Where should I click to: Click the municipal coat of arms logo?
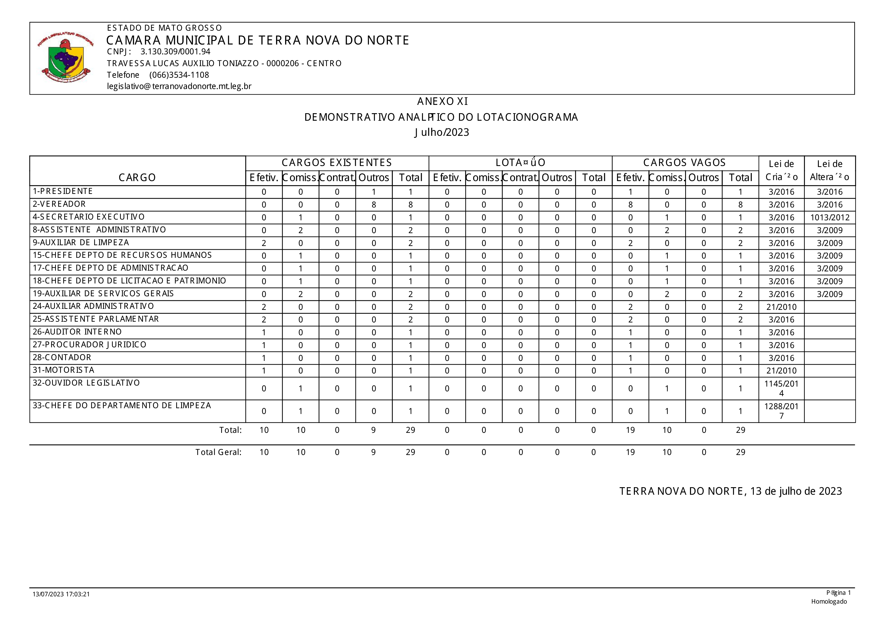tap(66, 58)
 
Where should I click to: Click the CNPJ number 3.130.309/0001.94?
tap(175, 52)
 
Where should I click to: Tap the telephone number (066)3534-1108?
tap(179, 75)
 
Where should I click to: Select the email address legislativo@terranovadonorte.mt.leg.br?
tap(179, 86)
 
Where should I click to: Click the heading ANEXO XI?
tap(442, 102)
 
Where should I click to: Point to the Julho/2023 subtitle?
tap(442, 132)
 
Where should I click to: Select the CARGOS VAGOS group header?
tap(684, 163)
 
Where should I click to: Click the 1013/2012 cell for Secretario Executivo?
tap(830, 218)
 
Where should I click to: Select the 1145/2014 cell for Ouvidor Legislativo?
tap(781, 388)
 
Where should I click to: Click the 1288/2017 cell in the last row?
tap(781, 411)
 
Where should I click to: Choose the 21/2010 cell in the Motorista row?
tap(781, 371)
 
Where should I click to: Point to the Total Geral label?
tap(218, 452)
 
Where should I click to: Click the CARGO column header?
tap(137, 178)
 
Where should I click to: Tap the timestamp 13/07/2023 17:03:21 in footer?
tap(61, 594)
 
